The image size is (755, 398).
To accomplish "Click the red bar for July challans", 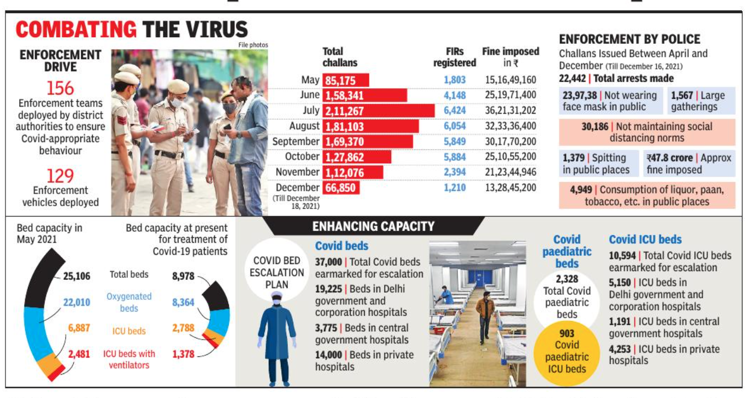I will tap(379, 110).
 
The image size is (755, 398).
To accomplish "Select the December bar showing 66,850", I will tap(341, 188).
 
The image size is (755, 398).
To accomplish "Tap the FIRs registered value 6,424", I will tap(455, 110).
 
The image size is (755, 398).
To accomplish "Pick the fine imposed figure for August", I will tap(510, 126).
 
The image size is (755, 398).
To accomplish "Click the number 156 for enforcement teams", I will tap(60, 88).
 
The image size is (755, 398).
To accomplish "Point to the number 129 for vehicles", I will tap(60, 176).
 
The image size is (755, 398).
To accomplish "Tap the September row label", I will tap(296, 142).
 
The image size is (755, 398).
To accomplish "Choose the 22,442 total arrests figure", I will tap(573, 78).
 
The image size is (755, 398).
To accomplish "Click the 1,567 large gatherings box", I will tap(702, 101).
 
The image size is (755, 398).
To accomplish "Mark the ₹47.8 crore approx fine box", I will tap(689, 163).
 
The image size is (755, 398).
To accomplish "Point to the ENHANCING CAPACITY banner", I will tap(373, 226).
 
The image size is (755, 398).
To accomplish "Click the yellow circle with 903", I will tap(567, 351).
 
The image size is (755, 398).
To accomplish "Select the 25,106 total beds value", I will tap(76, 276).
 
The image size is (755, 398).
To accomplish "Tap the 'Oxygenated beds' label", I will tap(129, 302).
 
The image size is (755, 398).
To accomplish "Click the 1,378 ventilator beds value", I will tap(183, 354).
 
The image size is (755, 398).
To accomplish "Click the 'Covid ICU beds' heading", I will tap(645, 239).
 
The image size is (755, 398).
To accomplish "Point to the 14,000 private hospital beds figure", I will tap(328, 355).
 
